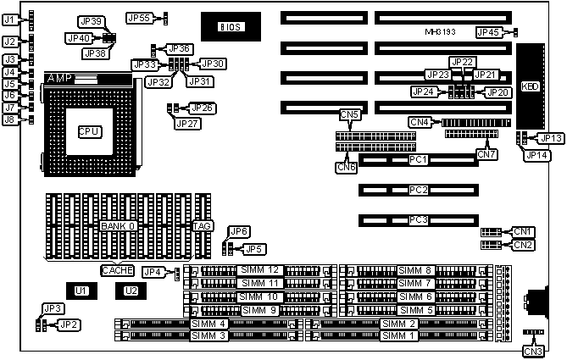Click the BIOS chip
(x=231, y=27)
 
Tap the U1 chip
(x=81, y=291)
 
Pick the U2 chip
(x=130, y=291)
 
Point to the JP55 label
(x=138, y=17)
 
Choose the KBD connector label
(x=531, y=87)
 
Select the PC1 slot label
(x=417, y=159)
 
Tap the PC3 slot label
(x=417, y=220)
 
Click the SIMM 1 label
(x=398, y=336)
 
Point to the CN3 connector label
(x=533, y=351)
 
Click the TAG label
(x=203, y=226)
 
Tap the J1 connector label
(x=9, y=19)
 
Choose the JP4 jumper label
(x=153, y=272)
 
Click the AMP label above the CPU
(x=58, y=78)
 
